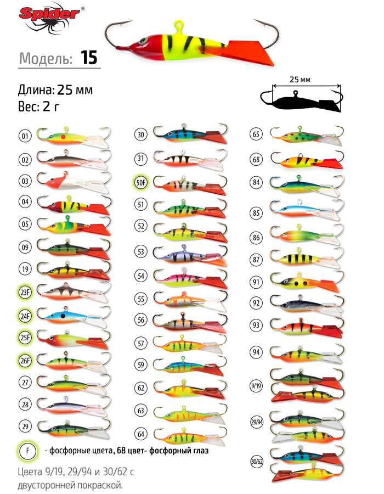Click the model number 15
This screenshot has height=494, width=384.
pyautogui.click(x=89, y=58)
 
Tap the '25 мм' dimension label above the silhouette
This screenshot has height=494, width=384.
pyautogui.click(x=300, y=80)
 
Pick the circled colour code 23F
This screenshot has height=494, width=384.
pyautogui.click(x=25, y=292)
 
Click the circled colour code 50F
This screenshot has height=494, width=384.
pyautogui.click(x=140, y=182)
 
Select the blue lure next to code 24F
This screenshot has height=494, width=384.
pyautogui.click(x=71, y=316)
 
